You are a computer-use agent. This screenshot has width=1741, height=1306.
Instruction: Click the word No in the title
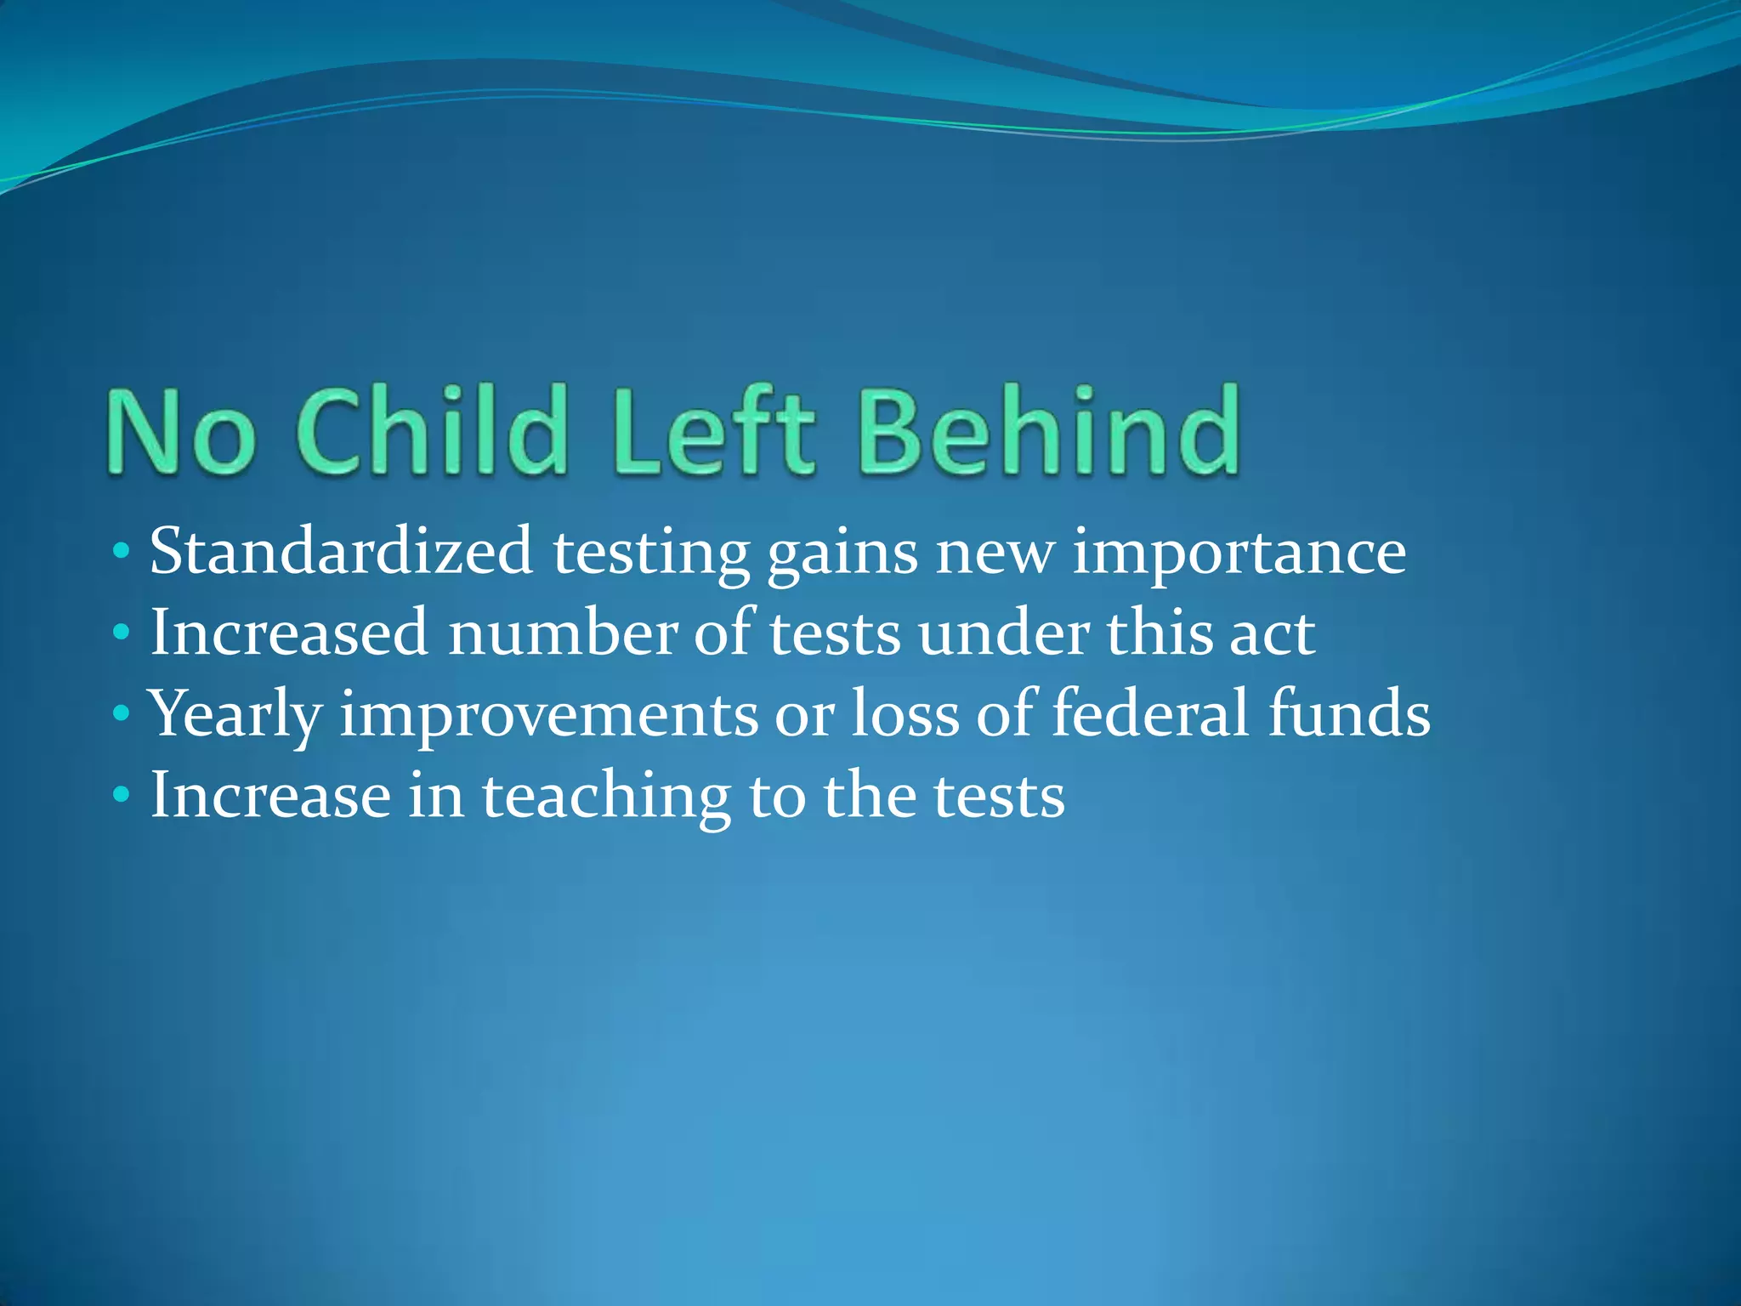coord(181,431)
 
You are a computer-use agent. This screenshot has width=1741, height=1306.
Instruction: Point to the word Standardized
coord(341,552)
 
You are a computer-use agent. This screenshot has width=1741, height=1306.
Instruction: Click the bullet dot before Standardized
coord(121,551)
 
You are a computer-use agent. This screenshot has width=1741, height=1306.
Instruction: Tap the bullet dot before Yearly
coord(121,713)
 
